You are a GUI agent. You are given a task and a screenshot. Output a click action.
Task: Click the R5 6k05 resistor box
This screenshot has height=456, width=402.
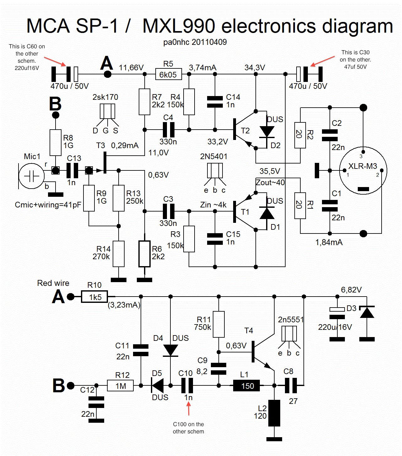coord(169,74)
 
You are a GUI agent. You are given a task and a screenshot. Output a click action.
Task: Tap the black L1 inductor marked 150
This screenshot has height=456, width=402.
coord(247,386)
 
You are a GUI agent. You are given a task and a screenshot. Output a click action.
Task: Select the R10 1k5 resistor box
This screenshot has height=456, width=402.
coord(94,297)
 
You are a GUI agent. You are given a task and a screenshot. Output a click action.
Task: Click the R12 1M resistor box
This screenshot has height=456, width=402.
coord(120,386)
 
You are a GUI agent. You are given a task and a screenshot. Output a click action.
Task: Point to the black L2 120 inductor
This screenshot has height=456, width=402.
coord(274,413)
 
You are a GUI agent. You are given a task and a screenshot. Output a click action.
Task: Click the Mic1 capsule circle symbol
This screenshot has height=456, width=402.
coord(31,176)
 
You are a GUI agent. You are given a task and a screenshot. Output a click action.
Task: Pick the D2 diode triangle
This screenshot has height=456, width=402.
coord(267,131)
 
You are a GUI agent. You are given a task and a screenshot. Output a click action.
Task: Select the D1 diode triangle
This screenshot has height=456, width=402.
coord(267,213)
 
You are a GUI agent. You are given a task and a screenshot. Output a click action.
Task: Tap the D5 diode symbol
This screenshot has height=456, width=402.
coord(158,385)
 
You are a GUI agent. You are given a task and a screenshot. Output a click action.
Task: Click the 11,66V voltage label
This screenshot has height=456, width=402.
coord(131,68)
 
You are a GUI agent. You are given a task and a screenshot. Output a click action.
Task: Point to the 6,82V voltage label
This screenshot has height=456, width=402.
coord(351,290)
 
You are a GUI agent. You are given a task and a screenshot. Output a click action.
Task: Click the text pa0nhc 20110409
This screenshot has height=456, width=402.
coord(195,42)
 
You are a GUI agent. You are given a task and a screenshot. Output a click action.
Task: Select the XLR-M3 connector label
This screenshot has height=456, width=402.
coord(362,166)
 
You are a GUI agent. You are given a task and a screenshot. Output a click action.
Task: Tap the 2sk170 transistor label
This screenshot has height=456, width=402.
coord(105,97)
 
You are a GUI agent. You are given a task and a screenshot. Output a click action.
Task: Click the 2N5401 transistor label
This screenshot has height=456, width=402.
coord(214,156)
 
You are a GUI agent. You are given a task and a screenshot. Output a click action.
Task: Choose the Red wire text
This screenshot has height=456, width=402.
coord(53,283)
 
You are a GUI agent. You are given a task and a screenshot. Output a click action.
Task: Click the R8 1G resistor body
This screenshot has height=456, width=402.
coord(56,143)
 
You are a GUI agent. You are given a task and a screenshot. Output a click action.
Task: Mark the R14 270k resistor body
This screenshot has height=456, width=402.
coord(119,254)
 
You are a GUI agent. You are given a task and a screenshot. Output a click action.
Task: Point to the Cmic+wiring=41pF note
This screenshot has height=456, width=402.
coord(48,205)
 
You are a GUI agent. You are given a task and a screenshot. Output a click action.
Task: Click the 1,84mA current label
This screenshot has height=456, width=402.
coord(329,242)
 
